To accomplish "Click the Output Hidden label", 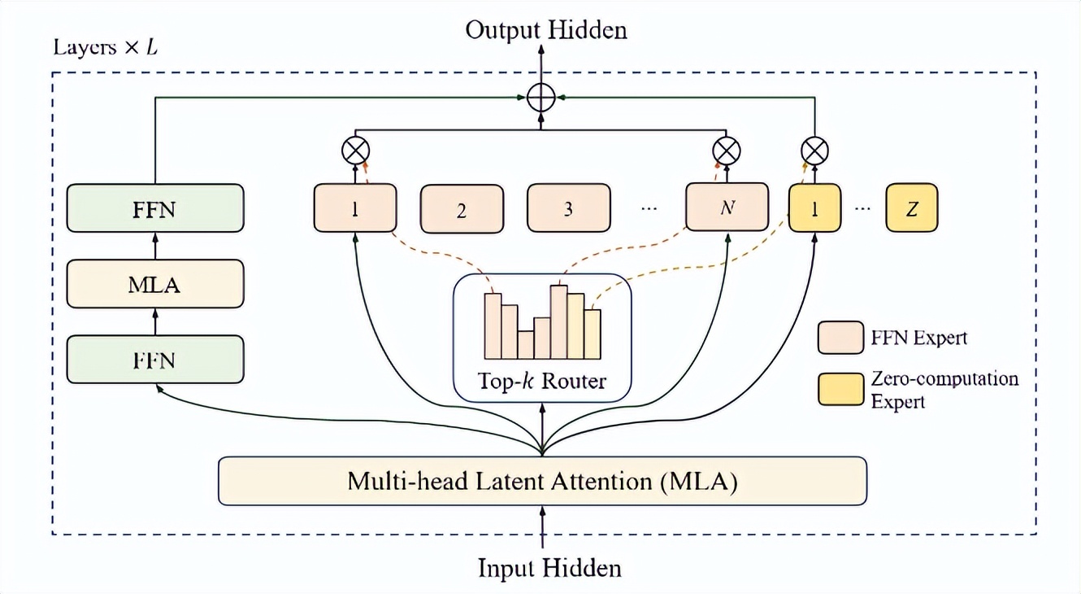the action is (x=546, y=30).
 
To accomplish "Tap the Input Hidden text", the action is (x=549, y=568).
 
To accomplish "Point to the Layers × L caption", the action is (x=105, y=47).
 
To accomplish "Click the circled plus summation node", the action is (x=541, y=98).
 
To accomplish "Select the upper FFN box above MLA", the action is (x=155, y=207).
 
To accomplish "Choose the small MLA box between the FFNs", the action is (x=155, y=284).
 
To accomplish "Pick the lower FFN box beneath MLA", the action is (x=155, y=360).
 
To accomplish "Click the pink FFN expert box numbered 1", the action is (x=355, y=207).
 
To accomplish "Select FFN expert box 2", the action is (x=462, y=209).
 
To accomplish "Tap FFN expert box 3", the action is (x=568, y=207).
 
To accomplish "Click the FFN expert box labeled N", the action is (x=727, y=207).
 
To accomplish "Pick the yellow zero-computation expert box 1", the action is (x=814, y=207).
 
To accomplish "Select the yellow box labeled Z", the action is (x=912, y=207).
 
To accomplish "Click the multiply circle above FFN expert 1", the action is (x=356, y=151).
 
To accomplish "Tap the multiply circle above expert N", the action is (x=727, y=151).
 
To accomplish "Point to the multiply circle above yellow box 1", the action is (x=814, y=151).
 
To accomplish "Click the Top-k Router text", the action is (x=541, y=382).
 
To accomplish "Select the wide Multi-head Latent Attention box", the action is (x=542, y=482).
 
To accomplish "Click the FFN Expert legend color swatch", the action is (x=840, y=338).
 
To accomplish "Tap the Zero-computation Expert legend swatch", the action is (x=840, y=389).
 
